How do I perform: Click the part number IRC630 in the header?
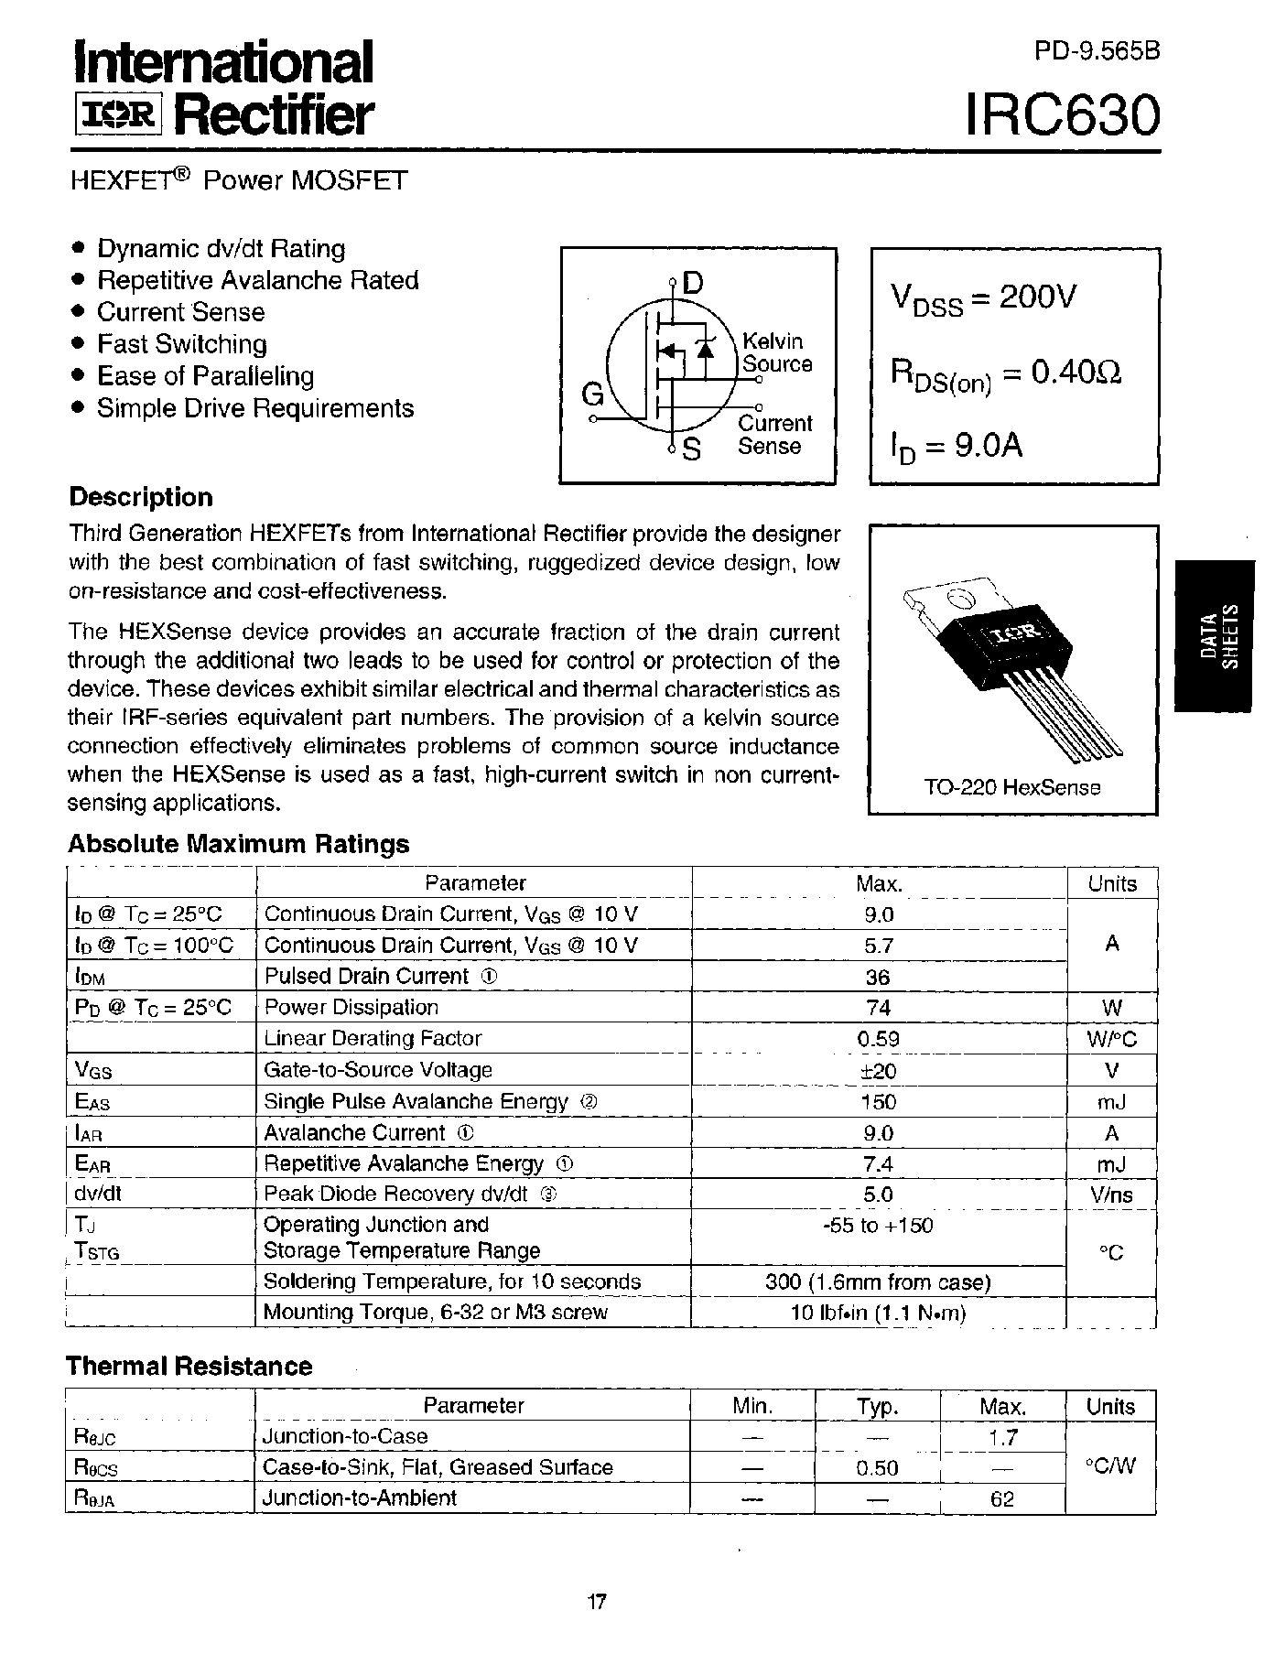[x=1063, y=115]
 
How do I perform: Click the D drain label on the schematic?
[x=693, y=284]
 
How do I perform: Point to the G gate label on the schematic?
[x=592, y=395]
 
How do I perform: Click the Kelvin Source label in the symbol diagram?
[x=775, y=352]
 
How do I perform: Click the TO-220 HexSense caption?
[x=1012, y=786]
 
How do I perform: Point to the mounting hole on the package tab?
[x=960, y=600]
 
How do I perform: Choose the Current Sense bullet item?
[x=180, y=312]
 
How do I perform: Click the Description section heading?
[x=141, y=497]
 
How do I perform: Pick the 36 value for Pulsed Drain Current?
[x=877, y=977]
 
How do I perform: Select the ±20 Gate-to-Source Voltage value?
[x=879, y=1070]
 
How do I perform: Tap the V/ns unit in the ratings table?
[x=1111, y=1195]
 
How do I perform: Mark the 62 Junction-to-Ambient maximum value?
[x=1002, y=1499]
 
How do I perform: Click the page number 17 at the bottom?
[x=596, y=1602]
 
